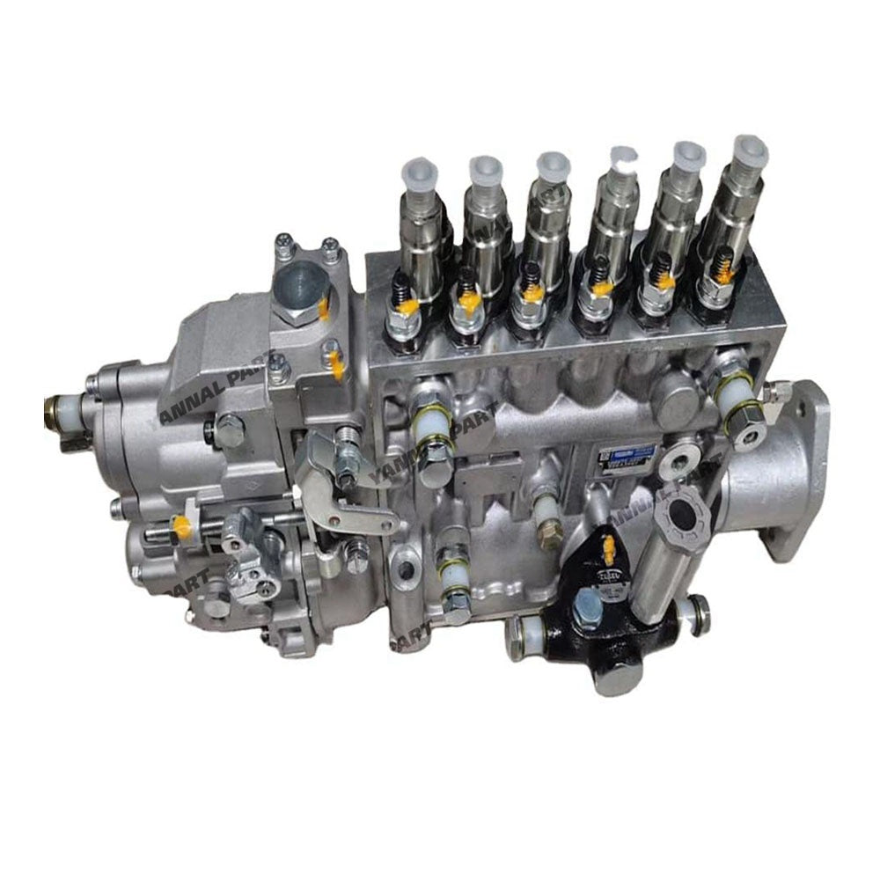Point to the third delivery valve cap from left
[553, 167]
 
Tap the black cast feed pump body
[616, 616]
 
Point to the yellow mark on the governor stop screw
[182, 527]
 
